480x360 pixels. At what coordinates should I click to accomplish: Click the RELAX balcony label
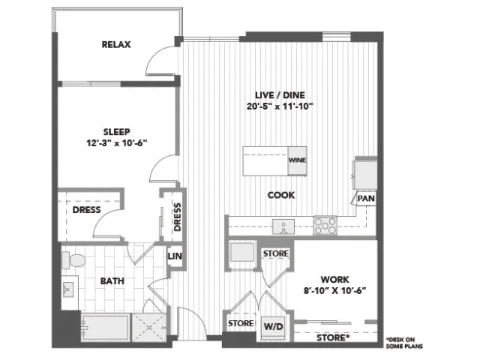click(116, 45)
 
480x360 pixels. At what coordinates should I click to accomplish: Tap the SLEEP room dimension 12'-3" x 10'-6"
click(117, 143)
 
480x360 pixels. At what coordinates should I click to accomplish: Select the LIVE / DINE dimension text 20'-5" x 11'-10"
click(280, 106)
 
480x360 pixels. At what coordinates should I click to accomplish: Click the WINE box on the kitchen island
click(297, 160)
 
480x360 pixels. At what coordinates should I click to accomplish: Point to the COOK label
click(281, 195)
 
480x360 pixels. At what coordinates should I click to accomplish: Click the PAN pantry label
click(366, 199)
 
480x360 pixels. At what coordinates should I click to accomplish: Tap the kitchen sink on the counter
click(283, 226)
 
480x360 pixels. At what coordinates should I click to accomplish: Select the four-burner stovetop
click(325, 226)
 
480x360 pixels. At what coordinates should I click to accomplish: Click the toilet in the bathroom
click(73, 260)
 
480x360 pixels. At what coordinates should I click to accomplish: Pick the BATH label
click(112, 281)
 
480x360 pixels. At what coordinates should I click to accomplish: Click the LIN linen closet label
click(175, 256)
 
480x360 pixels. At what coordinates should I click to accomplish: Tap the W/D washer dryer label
click(274, 327)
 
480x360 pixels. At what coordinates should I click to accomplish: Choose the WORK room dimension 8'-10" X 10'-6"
click(335, 290)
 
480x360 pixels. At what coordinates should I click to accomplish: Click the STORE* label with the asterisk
click(333, 337)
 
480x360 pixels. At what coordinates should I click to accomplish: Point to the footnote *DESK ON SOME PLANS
click(405, 343)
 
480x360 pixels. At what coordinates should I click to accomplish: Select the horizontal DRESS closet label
click(87, 210)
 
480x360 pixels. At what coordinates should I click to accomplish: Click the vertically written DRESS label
click(178, 217)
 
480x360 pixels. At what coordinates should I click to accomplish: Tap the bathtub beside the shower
click(106, 327)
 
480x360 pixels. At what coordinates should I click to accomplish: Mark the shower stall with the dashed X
click(149, 327)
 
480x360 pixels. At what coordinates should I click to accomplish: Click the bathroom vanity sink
click(68, 289)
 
